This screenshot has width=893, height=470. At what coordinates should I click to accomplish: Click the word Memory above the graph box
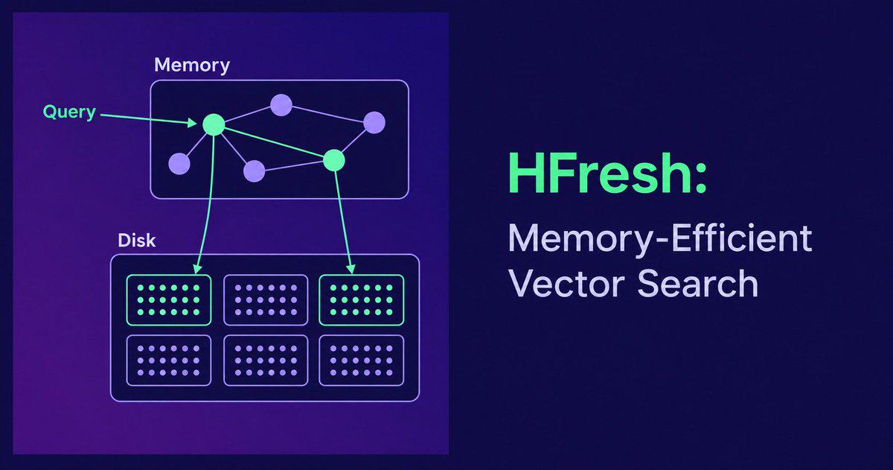(x=192, y=66)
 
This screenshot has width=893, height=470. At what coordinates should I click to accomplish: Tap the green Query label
(x=69, y=112)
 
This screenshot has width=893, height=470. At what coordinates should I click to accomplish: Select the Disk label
(x=137, y=241)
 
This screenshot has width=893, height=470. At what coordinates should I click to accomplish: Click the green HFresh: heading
(x=607, y=174)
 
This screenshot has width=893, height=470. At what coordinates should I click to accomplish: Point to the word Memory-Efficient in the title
(x=660, y=239)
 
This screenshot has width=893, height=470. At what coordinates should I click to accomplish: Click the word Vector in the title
(x=566, y=283)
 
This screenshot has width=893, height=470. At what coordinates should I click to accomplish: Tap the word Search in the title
(x=698, y=283)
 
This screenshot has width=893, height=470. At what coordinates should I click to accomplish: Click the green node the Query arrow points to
(x=214, y=125)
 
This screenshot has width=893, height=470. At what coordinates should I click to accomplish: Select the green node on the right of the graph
(x=333, y=160)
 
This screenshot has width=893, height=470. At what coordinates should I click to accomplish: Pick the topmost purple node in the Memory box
(x=281, y=105)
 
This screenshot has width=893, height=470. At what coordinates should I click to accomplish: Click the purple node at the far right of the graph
(x=374, y=122)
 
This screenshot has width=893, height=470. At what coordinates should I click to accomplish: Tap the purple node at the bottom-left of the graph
(x=179, y=164)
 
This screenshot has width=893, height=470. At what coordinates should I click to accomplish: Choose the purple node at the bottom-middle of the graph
(x=254, y=171)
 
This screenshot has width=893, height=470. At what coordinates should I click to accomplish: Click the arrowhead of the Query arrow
(x=193, y=122)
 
